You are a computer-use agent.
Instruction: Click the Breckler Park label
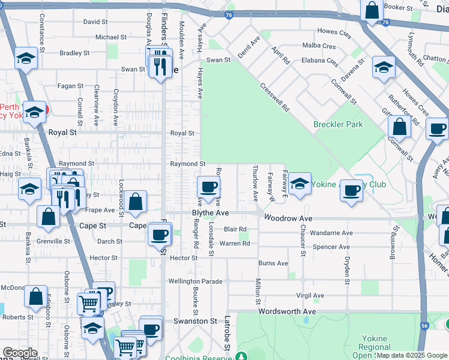point(338,124)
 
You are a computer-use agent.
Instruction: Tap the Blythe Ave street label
point(210,213)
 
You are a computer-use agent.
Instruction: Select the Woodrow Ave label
point(288,218)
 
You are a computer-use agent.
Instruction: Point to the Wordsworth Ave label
point(287,311)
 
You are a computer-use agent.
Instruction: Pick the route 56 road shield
point(424,325)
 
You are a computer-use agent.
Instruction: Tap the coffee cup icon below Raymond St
point(208,187)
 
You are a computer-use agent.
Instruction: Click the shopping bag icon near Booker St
point(372,11)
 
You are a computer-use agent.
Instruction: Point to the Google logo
point(20,353)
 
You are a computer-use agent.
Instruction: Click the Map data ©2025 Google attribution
point(412,355)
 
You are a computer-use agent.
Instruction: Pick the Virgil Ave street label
point(310,295)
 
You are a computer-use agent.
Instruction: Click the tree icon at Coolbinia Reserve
point(241,356)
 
